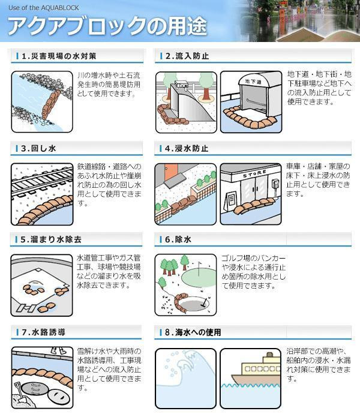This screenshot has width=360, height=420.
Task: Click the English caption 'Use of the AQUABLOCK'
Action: [x=44, y=8]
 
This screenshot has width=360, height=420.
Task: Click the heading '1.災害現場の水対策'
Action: [x=59, y=56]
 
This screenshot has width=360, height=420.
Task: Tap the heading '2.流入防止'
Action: [x=187, y=56]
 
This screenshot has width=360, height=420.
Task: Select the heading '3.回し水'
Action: [x=38, y=148]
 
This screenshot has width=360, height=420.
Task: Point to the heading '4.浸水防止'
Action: [x=187, y=148]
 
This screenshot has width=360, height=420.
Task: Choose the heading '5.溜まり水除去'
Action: [x=51, y=239]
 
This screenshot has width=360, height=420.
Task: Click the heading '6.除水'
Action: [x=178, y=239]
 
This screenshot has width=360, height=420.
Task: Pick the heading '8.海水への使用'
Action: [x=193, y=332]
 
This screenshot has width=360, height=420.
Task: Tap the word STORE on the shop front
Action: [x=254, y=174]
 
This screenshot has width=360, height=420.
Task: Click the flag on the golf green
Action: [x=199, y=268]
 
